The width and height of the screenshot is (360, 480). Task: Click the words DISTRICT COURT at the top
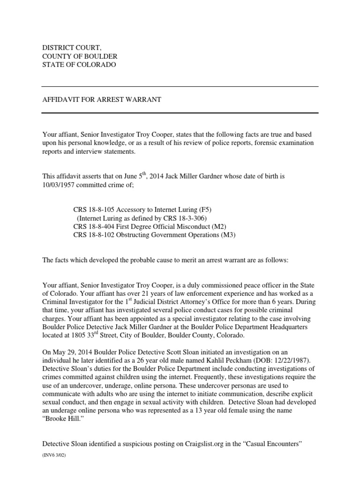pyautogui.click(x=71, y=48)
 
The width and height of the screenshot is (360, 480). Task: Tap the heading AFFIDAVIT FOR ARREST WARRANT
pyautogui.click(x=102, y=100)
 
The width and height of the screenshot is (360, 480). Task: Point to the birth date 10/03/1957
pyautogui.click(x=60, y=185)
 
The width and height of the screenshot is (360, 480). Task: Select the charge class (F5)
pyautogui.click(x=212, y=210)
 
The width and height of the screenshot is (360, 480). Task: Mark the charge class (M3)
pyautogui.click(x=228, y=235)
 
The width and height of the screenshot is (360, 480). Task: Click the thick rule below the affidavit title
pyautogui.click(x=180, y=112)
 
